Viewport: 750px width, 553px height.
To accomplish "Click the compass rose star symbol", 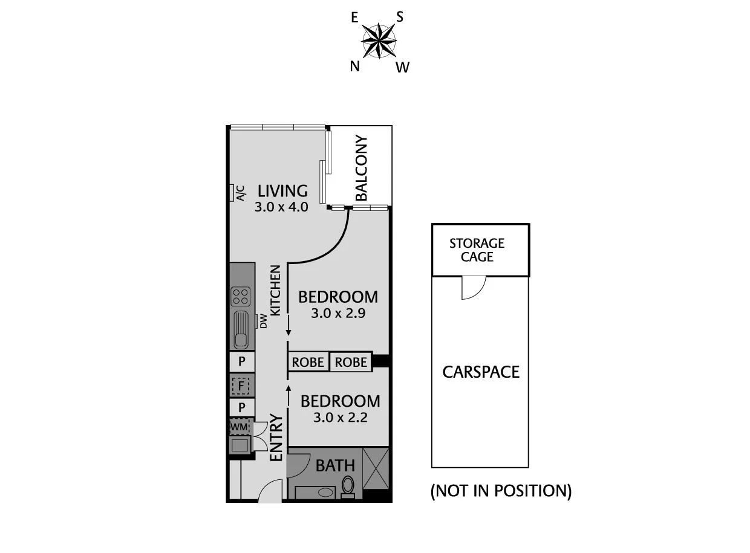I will [x=379, y=41].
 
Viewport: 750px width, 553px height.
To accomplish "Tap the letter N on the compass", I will [x=355, y=66].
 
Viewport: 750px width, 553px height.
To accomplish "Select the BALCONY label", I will [x=361, y=169].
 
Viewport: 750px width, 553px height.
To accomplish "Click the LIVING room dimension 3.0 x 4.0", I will [x=282, y=207].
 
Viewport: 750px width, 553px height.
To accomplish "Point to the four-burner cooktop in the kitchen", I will [x=240, y=296].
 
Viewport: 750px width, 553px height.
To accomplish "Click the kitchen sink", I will [x=241, y=329].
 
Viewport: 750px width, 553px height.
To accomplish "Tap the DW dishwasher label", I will [x=263, y=322].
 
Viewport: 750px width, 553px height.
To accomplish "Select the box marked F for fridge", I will [x=241, y=384].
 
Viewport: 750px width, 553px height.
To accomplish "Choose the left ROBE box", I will [x=308, y=362].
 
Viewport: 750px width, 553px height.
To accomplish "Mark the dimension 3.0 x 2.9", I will [x=338, y=314].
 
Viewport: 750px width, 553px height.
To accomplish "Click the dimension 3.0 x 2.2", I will [x=340, y=418].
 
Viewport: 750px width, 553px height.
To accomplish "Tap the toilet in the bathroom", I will [x=348, y=486].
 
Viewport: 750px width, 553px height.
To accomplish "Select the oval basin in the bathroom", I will [x=325, y=492].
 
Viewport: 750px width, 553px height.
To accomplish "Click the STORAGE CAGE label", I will [x=477, y=250].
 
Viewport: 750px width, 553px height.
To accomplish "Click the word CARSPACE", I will [x=481, y=372].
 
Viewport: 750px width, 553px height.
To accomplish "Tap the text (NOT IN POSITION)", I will [x=501, y=491].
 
